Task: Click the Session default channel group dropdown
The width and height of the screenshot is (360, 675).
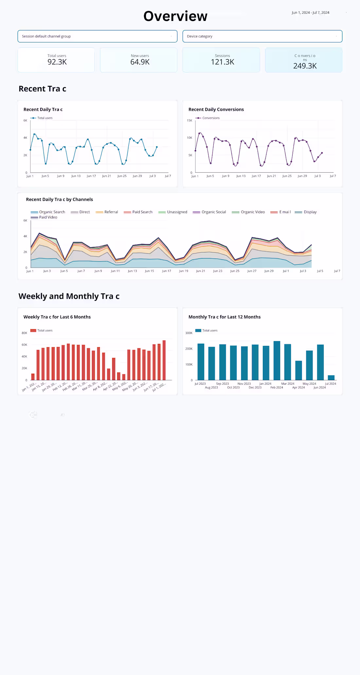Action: [x=97, y=36]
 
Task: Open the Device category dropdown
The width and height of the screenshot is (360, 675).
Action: [x=262, y=36]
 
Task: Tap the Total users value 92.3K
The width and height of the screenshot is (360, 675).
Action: [x=57, y=62]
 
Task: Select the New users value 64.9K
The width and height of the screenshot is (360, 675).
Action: [x=140, y=62]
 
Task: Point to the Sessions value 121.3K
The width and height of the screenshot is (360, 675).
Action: [x=223, y=62]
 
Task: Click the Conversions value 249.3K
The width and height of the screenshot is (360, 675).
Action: [x=305, y=66]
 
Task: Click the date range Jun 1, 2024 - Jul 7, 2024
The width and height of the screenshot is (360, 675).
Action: [x=310, y=13]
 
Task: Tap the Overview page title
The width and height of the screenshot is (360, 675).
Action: [x=175, y=16]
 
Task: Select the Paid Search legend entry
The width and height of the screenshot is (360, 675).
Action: [x=142, y=212]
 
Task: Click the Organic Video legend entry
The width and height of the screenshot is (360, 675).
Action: [x=252, y=212]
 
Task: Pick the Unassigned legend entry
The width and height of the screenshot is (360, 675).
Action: [x=177, y=212]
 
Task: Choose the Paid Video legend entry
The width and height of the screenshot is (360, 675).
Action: [x=48, y=217]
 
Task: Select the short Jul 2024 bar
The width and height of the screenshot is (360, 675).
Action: [x=331, y=378]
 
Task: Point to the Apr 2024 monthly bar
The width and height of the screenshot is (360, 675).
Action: [x=298, y=370]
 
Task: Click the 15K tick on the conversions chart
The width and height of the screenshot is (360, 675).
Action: [x=189, y=121]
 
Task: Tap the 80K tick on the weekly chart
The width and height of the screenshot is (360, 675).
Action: [x=25, y=333]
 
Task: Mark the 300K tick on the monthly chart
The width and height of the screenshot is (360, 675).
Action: [x=189, y=333]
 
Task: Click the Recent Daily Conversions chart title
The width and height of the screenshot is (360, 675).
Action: [x=216, y=110]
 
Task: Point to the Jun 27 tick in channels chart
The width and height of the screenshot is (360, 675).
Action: [x=252, y=271]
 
